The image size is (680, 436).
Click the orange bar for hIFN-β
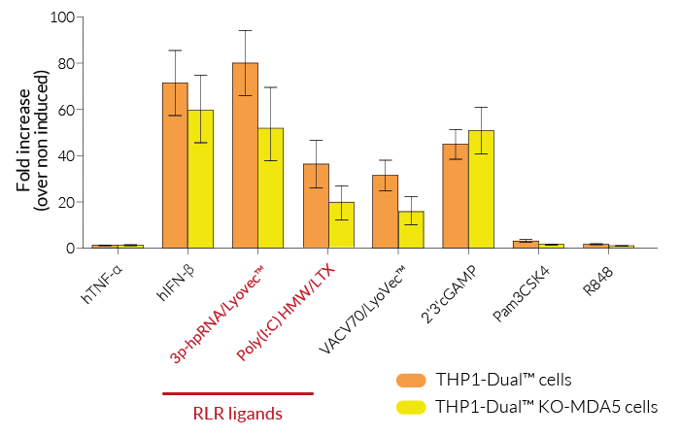coord(175,165)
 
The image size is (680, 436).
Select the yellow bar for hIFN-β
coord(200,180)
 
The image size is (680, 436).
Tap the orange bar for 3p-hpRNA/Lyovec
coord(245,155)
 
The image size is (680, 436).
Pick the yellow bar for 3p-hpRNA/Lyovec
coord(271,188)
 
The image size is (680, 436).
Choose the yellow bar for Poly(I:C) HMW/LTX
coord(341,225)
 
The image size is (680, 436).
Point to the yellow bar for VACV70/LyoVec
coord(411,230)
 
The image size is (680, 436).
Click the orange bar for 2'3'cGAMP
coord(455,196)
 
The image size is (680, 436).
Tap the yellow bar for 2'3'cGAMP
coord(481,189)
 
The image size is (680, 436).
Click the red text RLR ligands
coord(238,414)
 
